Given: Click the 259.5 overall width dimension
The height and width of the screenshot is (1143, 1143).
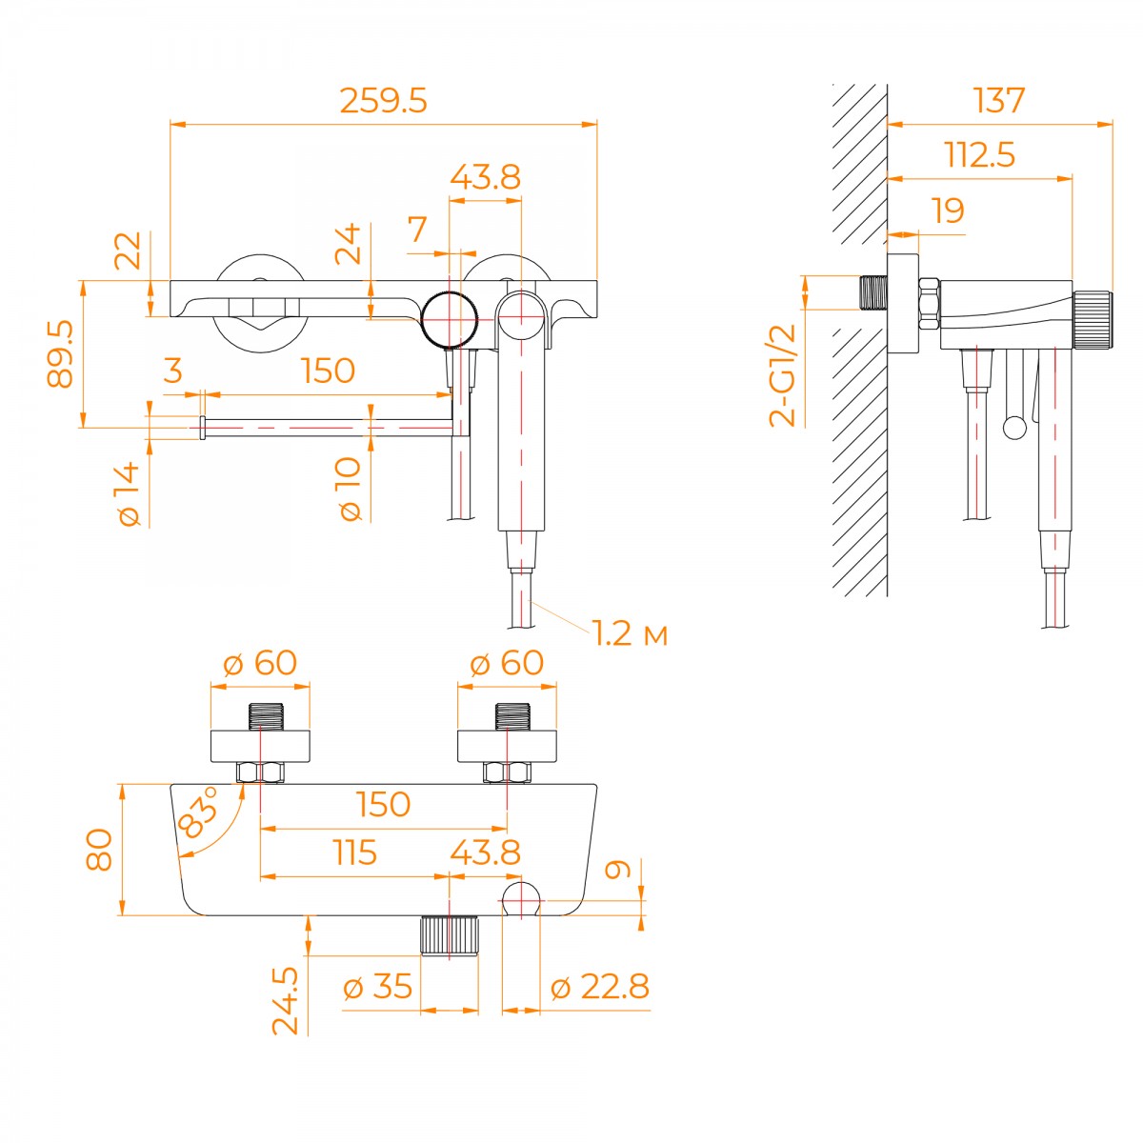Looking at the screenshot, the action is pyautogui.click(x=383, y=101).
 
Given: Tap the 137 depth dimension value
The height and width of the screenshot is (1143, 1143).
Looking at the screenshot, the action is pyautogui.click(x=999, y=100).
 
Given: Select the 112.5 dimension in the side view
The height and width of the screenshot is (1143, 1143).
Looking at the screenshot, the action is pyautogui.click(x=980, y=154).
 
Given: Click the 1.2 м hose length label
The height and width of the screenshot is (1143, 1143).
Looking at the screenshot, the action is pyautogui.click(x=630, y=633).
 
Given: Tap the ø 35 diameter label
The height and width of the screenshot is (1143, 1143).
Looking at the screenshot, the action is pyautogui.click(x=377, y=987).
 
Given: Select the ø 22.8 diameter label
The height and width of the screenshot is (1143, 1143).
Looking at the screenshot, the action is pyautogui.click(x=600, y=987).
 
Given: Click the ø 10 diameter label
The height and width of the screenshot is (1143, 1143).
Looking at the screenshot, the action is pyautogui.click(x=350, y=489).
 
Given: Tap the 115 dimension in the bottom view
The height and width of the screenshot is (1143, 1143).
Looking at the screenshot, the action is pyautogui.click(x=354, y=852).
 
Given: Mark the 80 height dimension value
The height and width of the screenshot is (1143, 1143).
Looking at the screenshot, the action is pyautogui.click(x=99, y=850).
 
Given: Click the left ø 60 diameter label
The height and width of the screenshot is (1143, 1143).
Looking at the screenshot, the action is pyautogui.click(x=260, y=662).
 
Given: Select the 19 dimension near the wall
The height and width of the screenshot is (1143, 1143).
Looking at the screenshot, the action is pyautogui.click(x=948, y=210).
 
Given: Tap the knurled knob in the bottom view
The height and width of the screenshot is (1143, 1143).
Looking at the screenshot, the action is pyautogui.click(x=449, y=934).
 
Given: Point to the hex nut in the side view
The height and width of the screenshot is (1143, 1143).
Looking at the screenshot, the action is pyautogui.click(x=929, y=304).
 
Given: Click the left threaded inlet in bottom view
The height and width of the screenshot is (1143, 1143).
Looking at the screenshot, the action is pyautogui.click(x=266, y=717).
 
